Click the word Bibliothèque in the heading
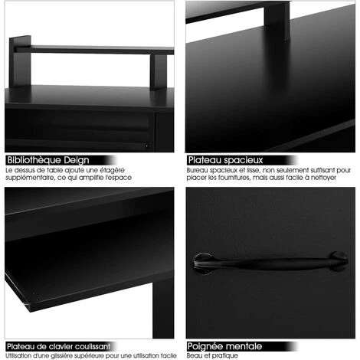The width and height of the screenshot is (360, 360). point(34,160)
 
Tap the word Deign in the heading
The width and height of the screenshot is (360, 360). point(77,160)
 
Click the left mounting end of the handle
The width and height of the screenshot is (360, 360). point(202,263)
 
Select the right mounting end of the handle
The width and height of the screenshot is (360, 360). point(339,261)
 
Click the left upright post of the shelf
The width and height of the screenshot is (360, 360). point(20,61)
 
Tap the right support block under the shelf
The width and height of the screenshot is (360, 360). point(159,72)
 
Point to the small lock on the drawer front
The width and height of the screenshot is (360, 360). point(146,146)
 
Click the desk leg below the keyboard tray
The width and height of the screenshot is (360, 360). point(163,308)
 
